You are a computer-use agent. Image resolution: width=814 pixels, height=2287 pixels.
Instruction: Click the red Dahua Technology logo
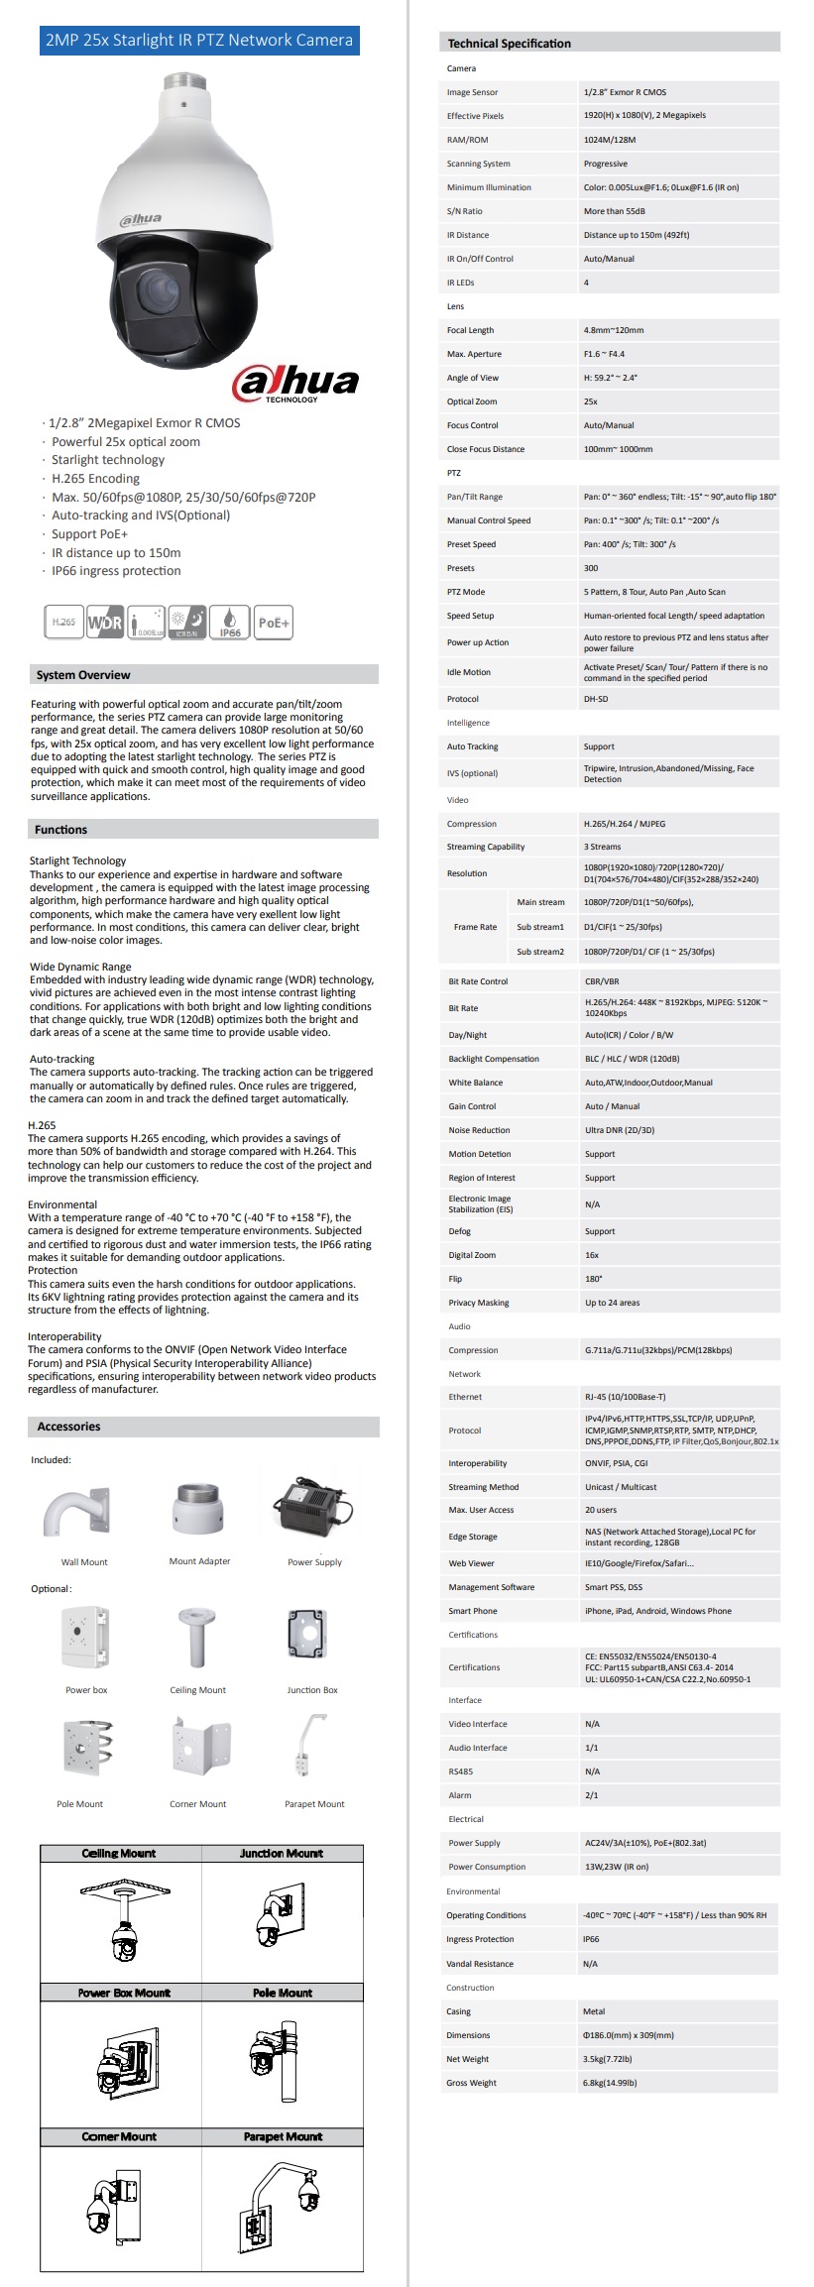pyautogui.click(x=294, y=383)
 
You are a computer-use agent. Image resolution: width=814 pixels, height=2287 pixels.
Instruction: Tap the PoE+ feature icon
pyautogui.click(x=273, y=623)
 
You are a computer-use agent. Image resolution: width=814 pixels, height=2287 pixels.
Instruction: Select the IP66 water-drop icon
pyautogui.click(x=230, y=622)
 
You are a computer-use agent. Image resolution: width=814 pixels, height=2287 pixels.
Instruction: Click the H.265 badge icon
pyautogui.click(x=63, y=622)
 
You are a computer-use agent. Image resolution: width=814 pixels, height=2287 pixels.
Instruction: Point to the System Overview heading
pyautogui.click(x=83, y=675)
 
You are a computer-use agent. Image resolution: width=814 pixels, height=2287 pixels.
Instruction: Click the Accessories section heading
pyautogui.click(x=68, y=1427)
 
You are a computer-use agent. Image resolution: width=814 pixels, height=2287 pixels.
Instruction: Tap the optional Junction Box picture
pyautogui.click(x=307, y=1635)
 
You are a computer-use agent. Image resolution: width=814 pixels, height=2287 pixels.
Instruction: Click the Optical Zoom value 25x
pyautogui.click(x=591, y=401)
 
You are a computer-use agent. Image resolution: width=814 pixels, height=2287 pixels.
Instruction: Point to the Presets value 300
pyautogui.click(x=591, y=568)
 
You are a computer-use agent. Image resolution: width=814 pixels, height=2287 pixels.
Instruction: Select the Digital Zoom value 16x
pyautogui.click(x=592, y=1255)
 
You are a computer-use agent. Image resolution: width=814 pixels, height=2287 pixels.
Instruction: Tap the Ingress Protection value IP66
pyautogui.click(x=591, y=1939)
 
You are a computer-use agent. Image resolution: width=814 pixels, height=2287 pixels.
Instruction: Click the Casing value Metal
pyautogui.click(x=594, y=2011)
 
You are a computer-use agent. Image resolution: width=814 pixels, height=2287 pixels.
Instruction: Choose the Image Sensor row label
pyautogui.click(x=472, y=92)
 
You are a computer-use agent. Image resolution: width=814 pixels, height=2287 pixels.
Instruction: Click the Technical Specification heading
pyautogui.click(x=509, y=44)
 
